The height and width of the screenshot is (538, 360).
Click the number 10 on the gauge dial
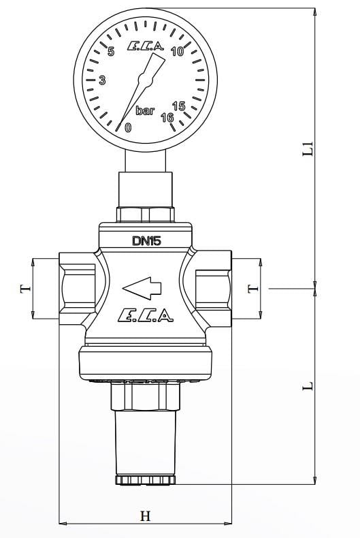point(178,52)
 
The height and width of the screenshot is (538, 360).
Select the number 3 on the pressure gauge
point(103,80)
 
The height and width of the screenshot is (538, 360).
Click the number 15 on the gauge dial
point(179,106)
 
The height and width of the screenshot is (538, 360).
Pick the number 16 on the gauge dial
point(167,117)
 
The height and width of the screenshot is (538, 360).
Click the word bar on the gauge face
point(145,111)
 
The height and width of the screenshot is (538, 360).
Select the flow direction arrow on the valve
point(142,289)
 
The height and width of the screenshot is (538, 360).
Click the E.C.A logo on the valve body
point(145,315)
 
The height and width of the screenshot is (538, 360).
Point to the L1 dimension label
point(308,148)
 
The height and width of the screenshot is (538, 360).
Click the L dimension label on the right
point(308,385)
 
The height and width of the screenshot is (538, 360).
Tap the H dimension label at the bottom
point(145,516)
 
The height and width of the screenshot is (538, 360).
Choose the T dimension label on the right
point(253,289)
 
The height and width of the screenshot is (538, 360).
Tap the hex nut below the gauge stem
point(145,215)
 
